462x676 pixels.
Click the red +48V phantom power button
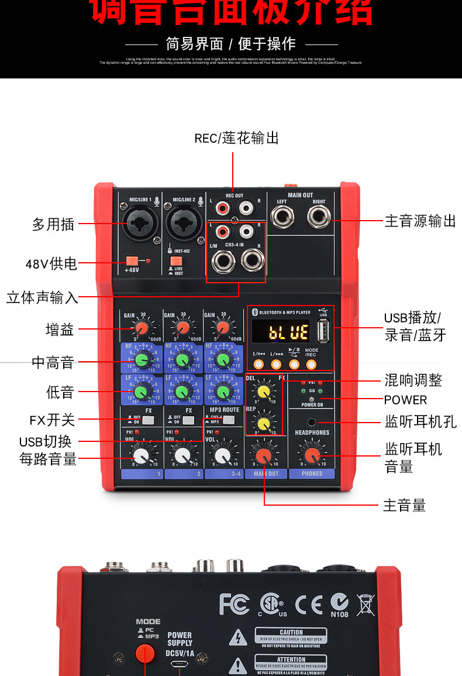(132, 260)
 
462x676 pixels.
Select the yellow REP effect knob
(264, 423)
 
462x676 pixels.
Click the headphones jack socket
(312, 421)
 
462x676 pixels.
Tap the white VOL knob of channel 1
(141, 455)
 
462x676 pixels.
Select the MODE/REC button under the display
(311, 365)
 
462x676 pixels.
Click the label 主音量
(404, 505)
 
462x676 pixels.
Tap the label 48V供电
(51, 264)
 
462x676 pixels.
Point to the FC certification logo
(235, 604)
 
